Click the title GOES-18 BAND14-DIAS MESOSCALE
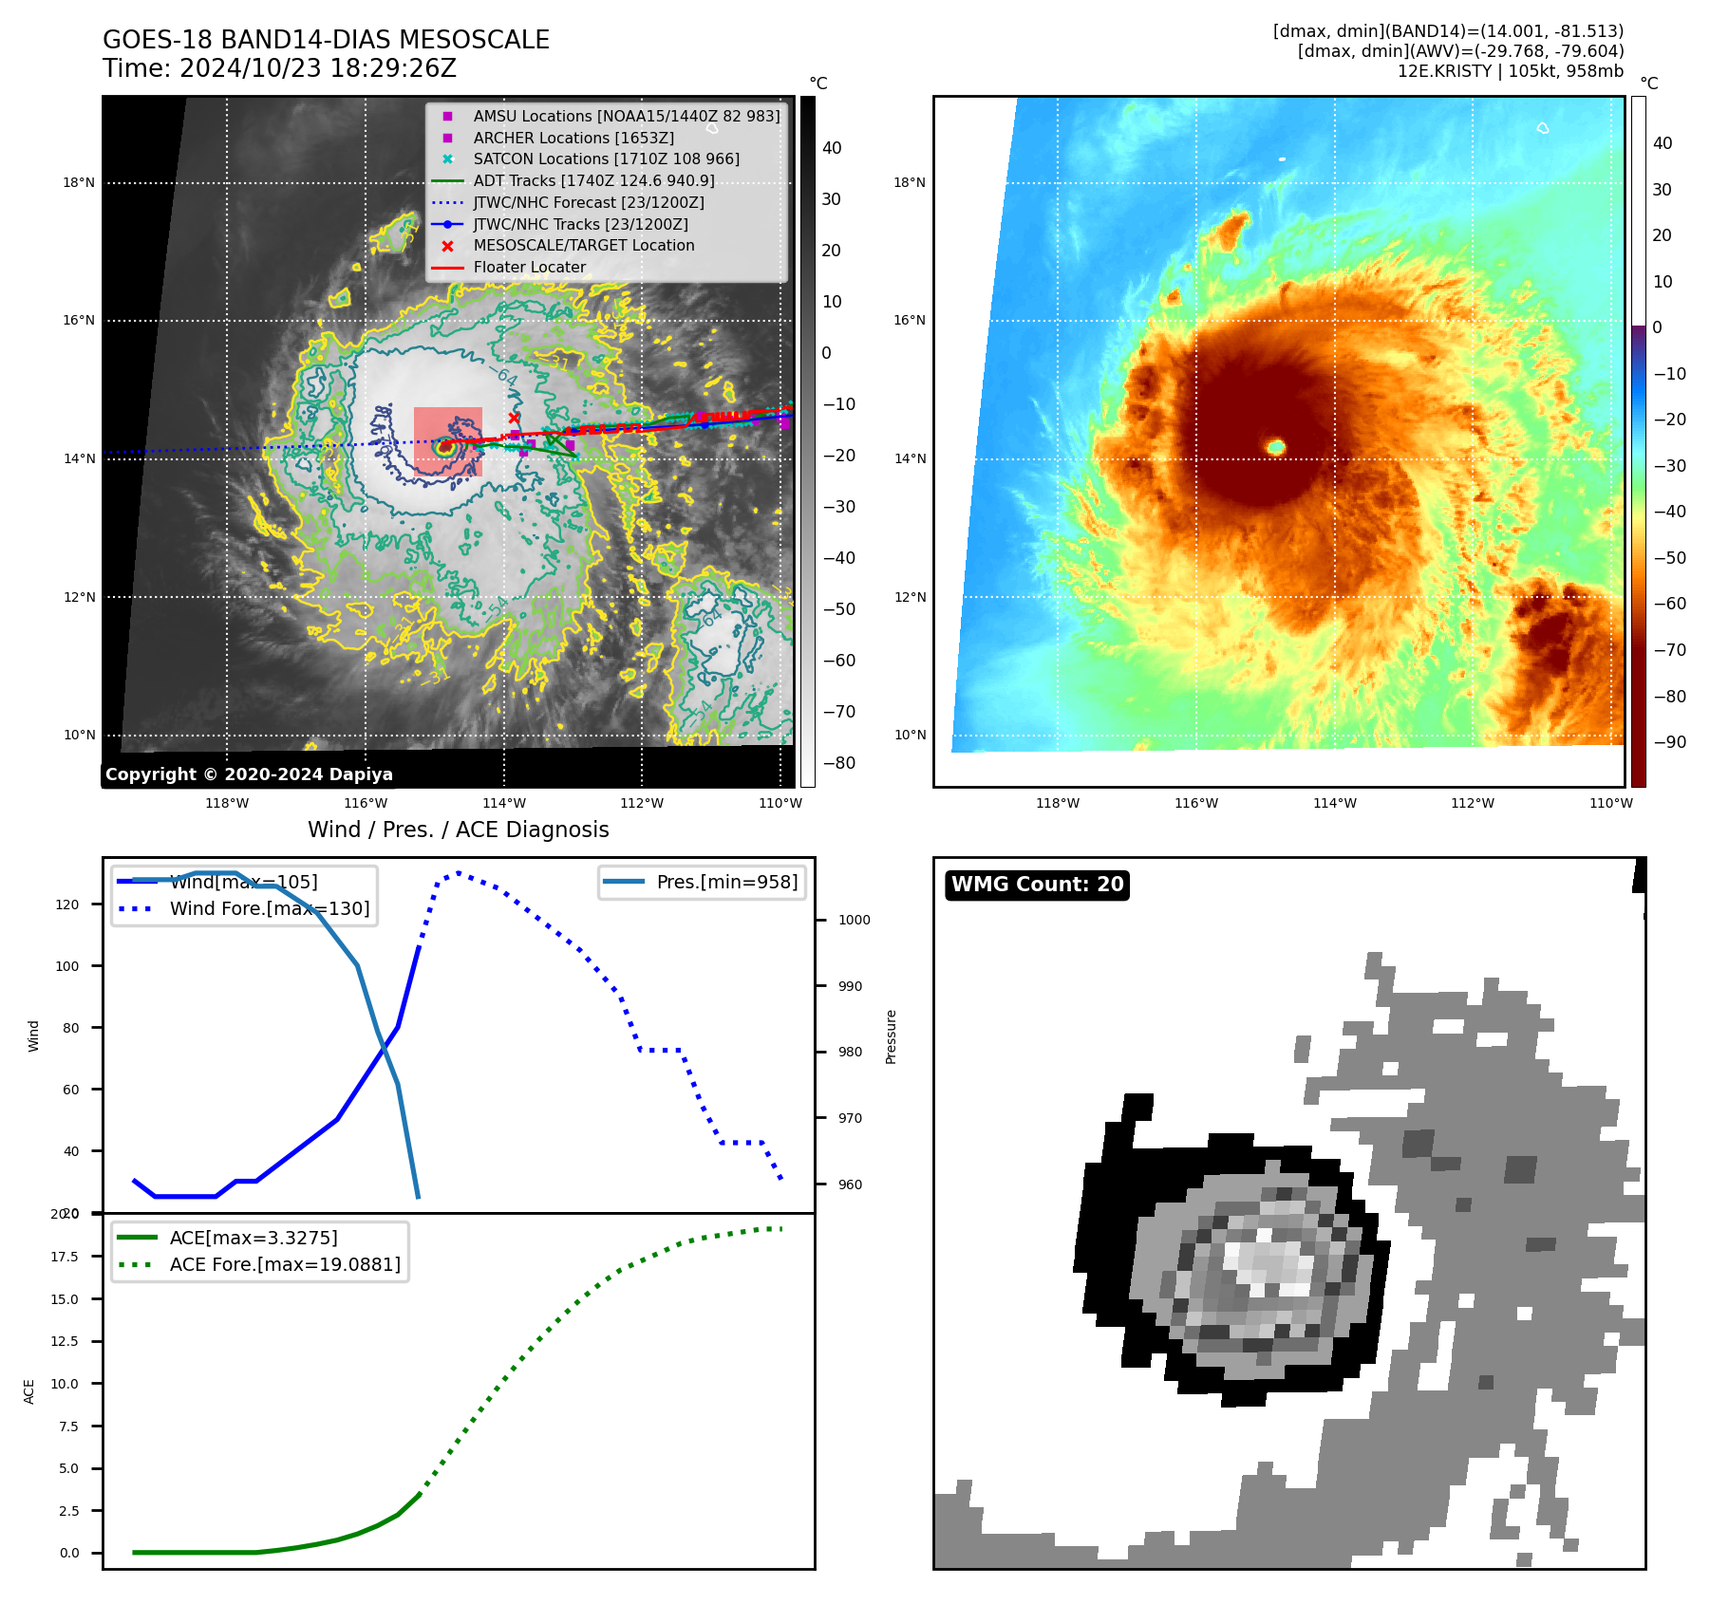[x=326, y=40]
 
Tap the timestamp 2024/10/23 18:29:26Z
[x=317, y=69]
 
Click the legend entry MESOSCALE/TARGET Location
[x=583, y=246]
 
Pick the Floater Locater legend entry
[x=529, y=268]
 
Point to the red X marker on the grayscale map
[x=514, y=418]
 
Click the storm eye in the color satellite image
[x=1276, y=446]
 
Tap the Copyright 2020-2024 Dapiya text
[x=249, y=774]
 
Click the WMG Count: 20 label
[x=1037, y=885]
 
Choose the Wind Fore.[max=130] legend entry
[x=269, y=908]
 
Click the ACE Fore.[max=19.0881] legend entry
[x=284, y=1264]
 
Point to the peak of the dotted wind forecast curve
[x=458, y=872]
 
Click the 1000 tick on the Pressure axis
[x=854, y=920]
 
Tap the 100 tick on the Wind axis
[x=67, y=966]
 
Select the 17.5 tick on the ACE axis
[x=65, y=1257]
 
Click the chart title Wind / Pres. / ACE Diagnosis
[x=458, y=830]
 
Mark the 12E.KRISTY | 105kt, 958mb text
[x=1510, y=71]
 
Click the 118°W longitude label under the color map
[x=1057, y=803]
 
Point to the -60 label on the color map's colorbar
[x=1669, y=604]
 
